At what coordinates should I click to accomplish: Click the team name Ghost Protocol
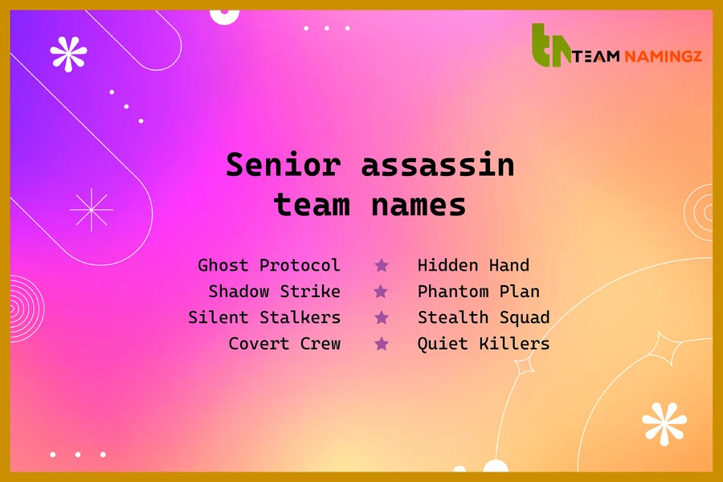coord(269,265)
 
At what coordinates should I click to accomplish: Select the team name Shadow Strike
coord(274,291)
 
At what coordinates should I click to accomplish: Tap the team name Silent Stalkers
coord(264,317)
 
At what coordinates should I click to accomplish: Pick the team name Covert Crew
coord(284,343)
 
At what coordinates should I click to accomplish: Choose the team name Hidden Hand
coord(473,265)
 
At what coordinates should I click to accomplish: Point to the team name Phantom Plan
coord(478,291)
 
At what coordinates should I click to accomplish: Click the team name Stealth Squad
coord(484,317)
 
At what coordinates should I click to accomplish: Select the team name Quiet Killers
coord(484,343)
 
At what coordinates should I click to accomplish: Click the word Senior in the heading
coord(283,165)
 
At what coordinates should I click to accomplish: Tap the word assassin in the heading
coord(437,165)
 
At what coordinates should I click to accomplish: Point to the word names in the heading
coord(419,205)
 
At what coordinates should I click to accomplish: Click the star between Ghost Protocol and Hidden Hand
coord(382,265)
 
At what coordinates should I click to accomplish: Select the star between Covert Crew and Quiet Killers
coord(382,344)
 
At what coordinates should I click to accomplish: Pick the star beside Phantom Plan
coord(382,292)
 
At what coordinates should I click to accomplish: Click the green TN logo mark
coord(551,46)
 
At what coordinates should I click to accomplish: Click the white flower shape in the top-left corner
coord(68,54)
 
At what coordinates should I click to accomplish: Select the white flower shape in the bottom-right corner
coord(664,423)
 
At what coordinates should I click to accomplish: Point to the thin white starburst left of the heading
coord(92,210)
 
